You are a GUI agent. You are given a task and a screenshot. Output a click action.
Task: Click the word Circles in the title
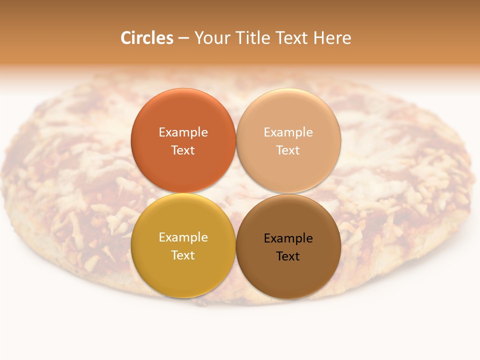pyautogui.click(x=147, y=38)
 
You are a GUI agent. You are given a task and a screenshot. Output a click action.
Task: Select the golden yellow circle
pyautogui.click(x=183, y=270)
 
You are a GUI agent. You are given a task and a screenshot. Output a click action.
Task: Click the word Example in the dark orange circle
pyautogui.click(x=183, y=132)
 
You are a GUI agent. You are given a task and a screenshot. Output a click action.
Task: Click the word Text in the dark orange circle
pyautogui.click(x=183, y=150)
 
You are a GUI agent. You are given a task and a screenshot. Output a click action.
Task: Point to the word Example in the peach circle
pyautogui.click(x=288, y=132)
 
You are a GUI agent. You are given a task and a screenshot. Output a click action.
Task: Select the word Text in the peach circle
pyautogui.click(x=288, y=150)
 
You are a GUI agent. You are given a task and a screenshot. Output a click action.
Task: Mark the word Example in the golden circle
pyautogui.click(x=183, y=237)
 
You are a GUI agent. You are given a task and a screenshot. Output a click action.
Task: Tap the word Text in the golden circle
pyautogui.click(x=183, y=255)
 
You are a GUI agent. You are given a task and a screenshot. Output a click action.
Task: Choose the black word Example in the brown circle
pyautogui.click(x=288, y=238)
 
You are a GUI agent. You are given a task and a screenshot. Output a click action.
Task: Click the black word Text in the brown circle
pyautogui.click(x=288, y=256)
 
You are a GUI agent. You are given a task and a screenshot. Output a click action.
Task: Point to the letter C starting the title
pyautogui.click(x=126, y=38)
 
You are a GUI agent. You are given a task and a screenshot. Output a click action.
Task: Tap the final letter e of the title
pyautogui.click(x=347, y=39)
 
